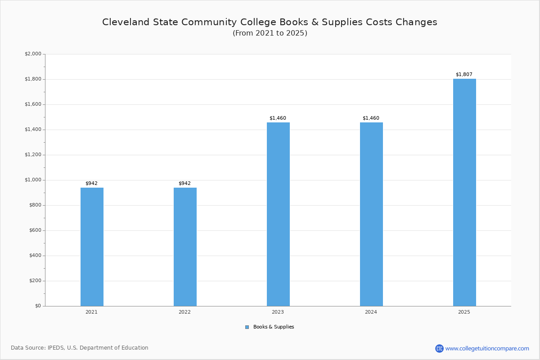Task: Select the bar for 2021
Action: coord(92,247)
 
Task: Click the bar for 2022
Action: coord(185,247)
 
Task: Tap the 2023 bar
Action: coord(278,214)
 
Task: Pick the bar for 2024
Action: coord(372,214)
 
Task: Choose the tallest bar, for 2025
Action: coord(464,193)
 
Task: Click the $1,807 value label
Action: coord(464,74)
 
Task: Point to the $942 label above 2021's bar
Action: coord(92,183)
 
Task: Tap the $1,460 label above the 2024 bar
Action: coord(371,118)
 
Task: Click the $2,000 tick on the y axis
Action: coord(33,54)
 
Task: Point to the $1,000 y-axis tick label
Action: coord(33,180)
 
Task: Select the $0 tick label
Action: coord(38,306)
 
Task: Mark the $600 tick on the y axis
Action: coord(35,230)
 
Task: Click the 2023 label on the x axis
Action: coord(278,312)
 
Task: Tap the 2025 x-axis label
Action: coord(464,312)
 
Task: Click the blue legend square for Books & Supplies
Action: coord(247,327)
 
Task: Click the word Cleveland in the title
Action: coord(126,22)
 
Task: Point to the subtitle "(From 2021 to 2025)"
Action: coord(270,33)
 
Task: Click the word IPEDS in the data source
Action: coord(56,348)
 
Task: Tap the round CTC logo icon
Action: coord(439,348)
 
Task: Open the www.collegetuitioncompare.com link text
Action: coord(487,348)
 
